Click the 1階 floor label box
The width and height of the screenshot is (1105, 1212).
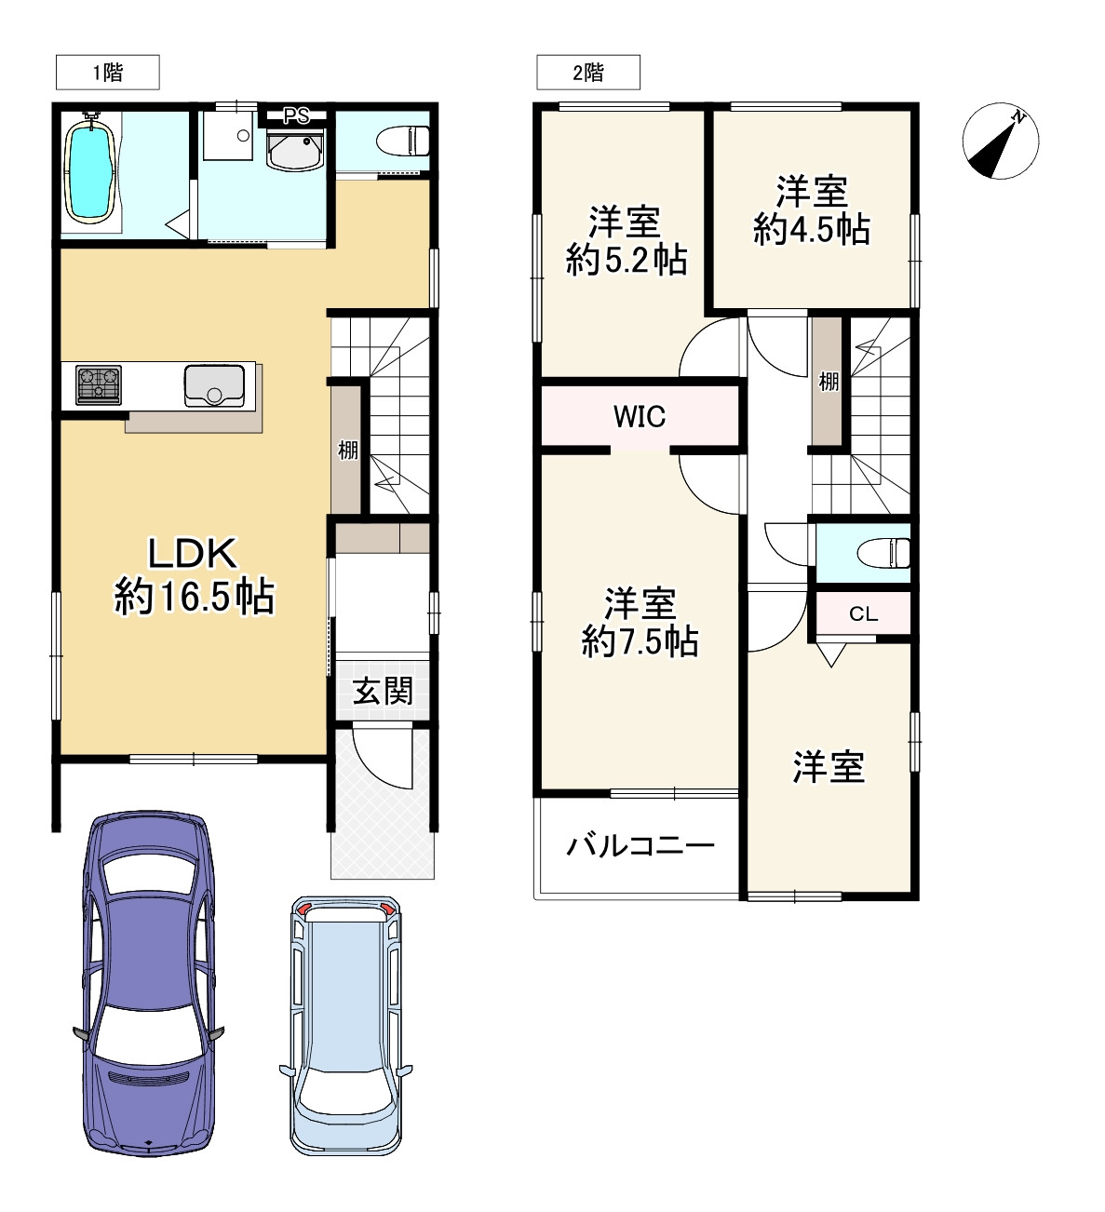pyautogui.click(x=107, y=73)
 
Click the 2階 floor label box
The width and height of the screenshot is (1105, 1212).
pyautogui.click(x=587, y=73)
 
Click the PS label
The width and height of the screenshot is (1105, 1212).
pyautogui.click(x=296, y=116)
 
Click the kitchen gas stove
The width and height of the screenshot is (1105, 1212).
pyautogui.click(x=98, y=384)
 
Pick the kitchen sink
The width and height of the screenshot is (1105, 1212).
pyautogui.click(x=214, y=385)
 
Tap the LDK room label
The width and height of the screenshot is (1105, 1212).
pyautogui.click(x=195, y=554)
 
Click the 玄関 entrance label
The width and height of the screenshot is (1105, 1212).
pyautogui.click(x=383, y=691)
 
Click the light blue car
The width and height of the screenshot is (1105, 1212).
pyautogui.click(x=344, y=1024)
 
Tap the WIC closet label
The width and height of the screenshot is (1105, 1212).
pyautogui.click(x=640, y=416)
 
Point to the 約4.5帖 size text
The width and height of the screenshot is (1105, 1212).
pyautogui.click(x=811, y=229)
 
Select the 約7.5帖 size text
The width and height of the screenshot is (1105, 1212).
pyautogui.click(x=640, y=641)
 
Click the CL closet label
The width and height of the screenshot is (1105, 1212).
pyautogui.click(x=863, y=614)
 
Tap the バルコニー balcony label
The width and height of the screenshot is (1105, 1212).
pyautogui.click(x=640, y=846)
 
